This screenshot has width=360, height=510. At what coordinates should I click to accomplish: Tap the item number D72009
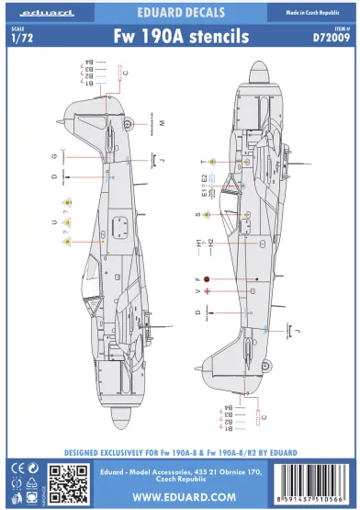[324, 39]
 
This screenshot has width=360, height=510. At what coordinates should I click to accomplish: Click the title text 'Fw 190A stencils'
[179, 38]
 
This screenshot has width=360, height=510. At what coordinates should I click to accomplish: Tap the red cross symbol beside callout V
[207, 292]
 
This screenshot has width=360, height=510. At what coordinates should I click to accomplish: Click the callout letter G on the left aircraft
[54, 155]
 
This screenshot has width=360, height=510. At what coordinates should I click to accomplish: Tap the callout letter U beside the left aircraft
[54, 221]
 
